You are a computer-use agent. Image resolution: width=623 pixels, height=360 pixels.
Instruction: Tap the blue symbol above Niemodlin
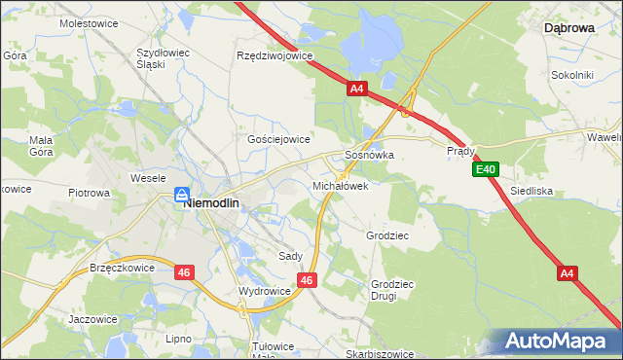(182, 196)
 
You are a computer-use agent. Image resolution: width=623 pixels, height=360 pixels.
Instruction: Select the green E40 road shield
(487, 170)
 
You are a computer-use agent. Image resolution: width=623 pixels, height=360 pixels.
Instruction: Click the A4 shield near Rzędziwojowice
(356, 89)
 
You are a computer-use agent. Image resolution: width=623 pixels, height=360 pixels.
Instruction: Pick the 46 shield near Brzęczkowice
(184, 272)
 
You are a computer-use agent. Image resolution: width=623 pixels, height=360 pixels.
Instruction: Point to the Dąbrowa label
(568, 28)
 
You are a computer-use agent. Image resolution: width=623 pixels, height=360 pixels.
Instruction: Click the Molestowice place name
(89, 21)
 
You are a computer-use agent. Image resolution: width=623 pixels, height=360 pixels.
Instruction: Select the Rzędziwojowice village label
(275, 55)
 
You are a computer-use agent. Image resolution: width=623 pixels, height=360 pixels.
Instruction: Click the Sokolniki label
(571, 74)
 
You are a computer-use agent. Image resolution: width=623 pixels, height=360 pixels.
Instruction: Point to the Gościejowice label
(278, 139)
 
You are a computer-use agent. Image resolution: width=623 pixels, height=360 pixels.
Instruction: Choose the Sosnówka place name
(369, 155)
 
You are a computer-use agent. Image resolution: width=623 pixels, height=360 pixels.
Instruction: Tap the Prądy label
(460, 152)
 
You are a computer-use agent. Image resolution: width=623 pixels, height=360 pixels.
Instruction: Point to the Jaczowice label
(92, 318)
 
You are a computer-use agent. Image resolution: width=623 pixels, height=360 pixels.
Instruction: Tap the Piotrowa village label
(89, 193)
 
